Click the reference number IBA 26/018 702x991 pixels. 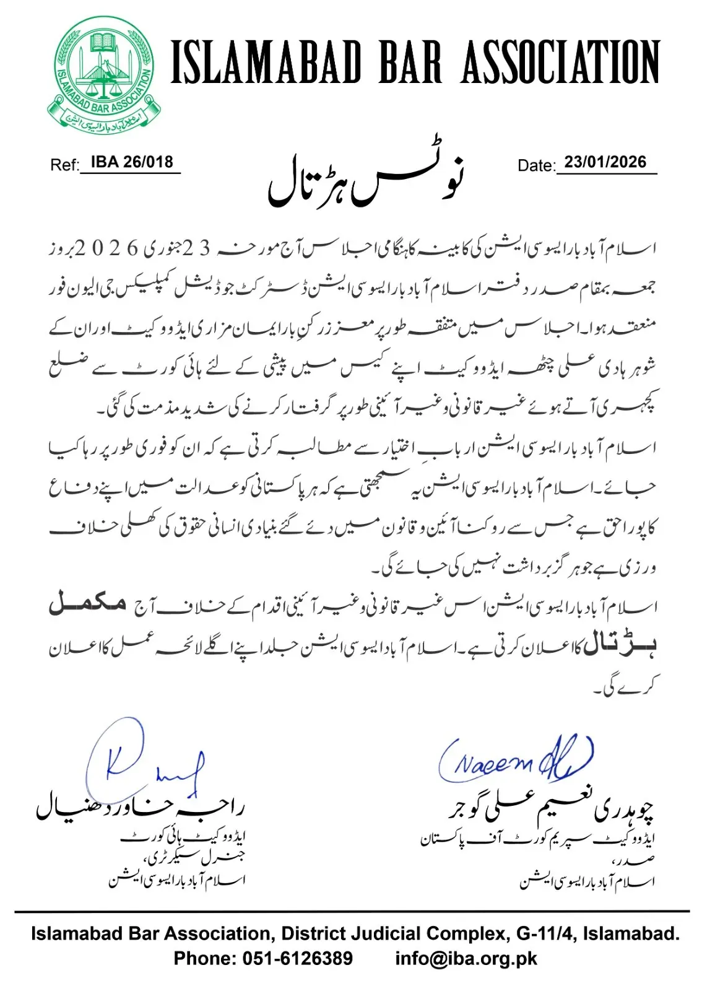132,162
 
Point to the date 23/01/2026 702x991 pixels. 605,162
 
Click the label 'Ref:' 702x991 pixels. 64,165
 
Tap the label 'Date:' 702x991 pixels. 536,165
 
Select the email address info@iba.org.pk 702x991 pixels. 466,959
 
